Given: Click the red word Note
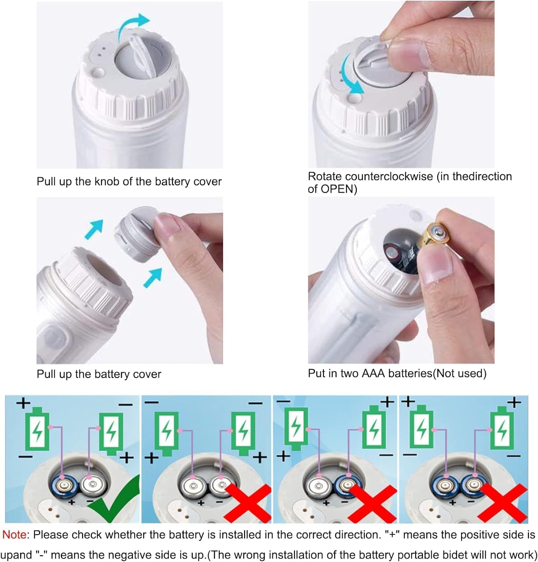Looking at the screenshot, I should [14, 535].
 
